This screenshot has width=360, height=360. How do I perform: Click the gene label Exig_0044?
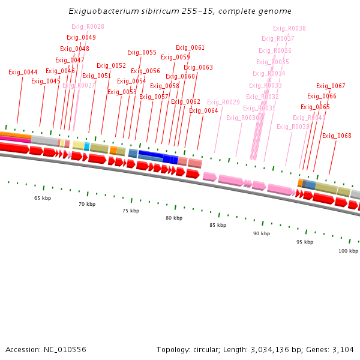pyautogui.click(x=23, y=73)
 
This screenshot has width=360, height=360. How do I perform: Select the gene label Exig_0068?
pyautogui.click(x=337, y=136)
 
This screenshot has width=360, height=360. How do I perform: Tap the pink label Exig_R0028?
pyautogui.click(x=88, y=26)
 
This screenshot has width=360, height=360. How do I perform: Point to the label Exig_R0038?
pyautogui.click(x=289, y=28)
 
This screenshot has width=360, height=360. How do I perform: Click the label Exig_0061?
pyautogui.click(x=190, y=48)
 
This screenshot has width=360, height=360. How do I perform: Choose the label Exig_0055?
pyautogui.click(x=142, y=53)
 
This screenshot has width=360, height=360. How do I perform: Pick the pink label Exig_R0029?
pyautogui.click(x=223, y=102)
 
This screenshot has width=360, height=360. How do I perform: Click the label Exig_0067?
pyautogui.click(x=331, y=86)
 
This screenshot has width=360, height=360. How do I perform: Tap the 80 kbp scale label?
pyautogui.click(x=174, y=218)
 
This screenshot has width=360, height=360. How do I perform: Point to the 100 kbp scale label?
pyautogui.click(x=348, y=251)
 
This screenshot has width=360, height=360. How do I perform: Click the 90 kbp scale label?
pyautogui.click(x=261, y=233)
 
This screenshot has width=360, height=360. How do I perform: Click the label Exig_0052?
pyautogui.click(x=111, y=66)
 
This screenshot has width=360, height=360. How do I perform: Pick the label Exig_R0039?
pyautogui.click(x=293, y=127)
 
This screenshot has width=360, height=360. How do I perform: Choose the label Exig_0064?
pyautogui.click(x=203, y=110)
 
